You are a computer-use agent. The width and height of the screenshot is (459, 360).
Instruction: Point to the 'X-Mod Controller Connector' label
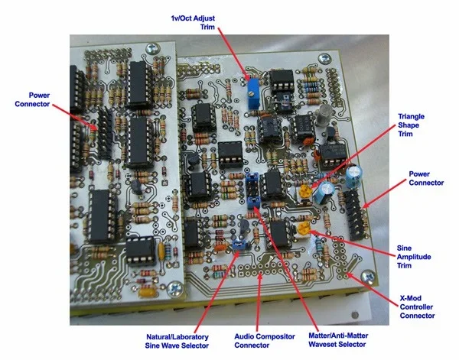pos(417,306)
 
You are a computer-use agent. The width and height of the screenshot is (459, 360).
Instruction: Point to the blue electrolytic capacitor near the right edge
pos(354,178)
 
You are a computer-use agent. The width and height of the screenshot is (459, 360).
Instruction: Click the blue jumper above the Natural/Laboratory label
pos(239,245)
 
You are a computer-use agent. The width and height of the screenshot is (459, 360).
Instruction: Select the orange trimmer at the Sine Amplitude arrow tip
pos(304,227)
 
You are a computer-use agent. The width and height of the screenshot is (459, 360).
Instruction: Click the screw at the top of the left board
pos(155,47)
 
